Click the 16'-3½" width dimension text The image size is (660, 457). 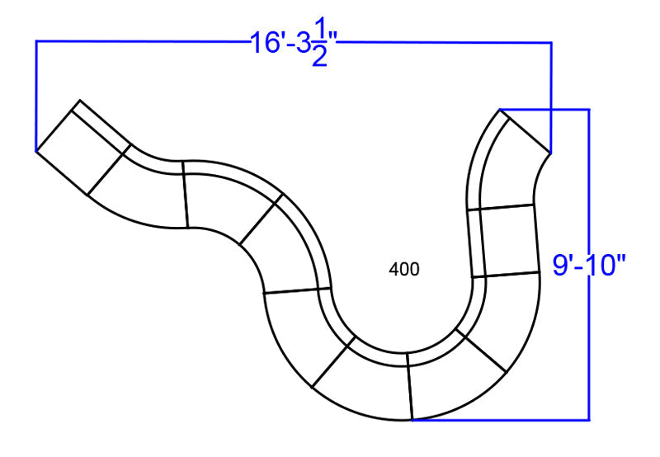click(x=295, y=47)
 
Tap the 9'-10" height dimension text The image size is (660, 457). click(x=589, y=266)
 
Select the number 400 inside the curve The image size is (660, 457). click(x=404, y=269)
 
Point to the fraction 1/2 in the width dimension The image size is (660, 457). click(x=320, y=48)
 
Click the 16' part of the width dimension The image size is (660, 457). click(x=266, y=43)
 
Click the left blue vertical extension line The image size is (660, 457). click(x=36, y=96)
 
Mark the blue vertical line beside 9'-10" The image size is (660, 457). click(x=589, y=265)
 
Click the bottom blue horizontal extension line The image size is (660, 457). click(x=501, y=420)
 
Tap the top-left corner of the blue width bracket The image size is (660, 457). click(x=36, y=41)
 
